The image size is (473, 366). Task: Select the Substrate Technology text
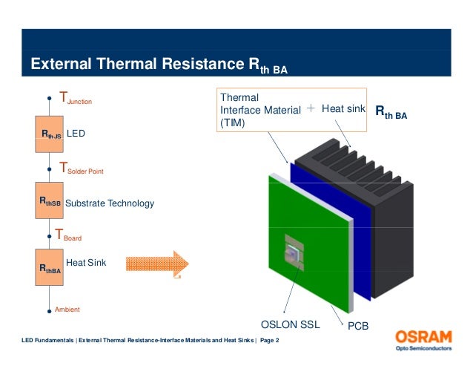coord(110,203)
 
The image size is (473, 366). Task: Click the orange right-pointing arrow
coord(158,264)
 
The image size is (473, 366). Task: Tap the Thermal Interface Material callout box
coord(259,110)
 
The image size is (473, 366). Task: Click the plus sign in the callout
coord(311,108)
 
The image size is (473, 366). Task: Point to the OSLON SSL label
coord(290,325)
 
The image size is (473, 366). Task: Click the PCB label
coord(358,326)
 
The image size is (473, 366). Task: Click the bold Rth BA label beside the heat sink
coord(391,112)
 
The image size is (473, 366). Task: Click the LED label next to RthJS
coord(77,134)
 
